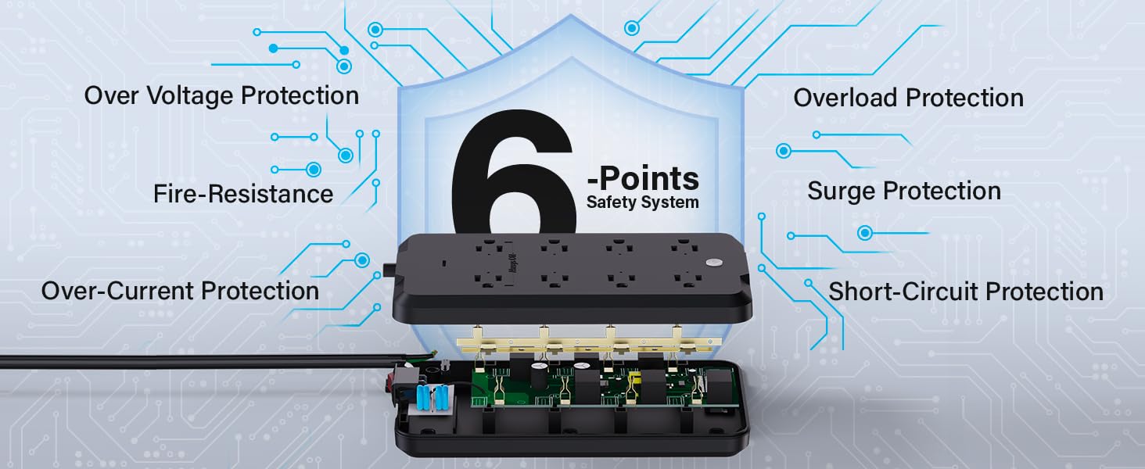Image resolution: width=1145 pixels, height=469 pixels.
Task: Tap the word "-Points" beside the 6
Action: pos(643,179)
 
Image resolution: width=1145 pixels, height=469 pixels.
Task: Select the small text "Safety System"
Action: pos(643,202)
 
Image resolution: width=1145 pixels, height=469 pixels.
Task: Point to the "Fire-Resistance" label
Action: pos(243,194)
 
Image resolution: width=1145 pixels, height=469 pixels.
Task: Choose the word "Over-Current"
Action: pos(118,291)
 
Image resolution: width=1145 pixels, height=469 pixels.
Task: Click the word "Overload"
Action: pos(847,98)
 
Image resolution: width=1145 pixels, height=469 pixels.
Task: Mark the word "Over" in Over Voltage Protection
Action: pos(109,96)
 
